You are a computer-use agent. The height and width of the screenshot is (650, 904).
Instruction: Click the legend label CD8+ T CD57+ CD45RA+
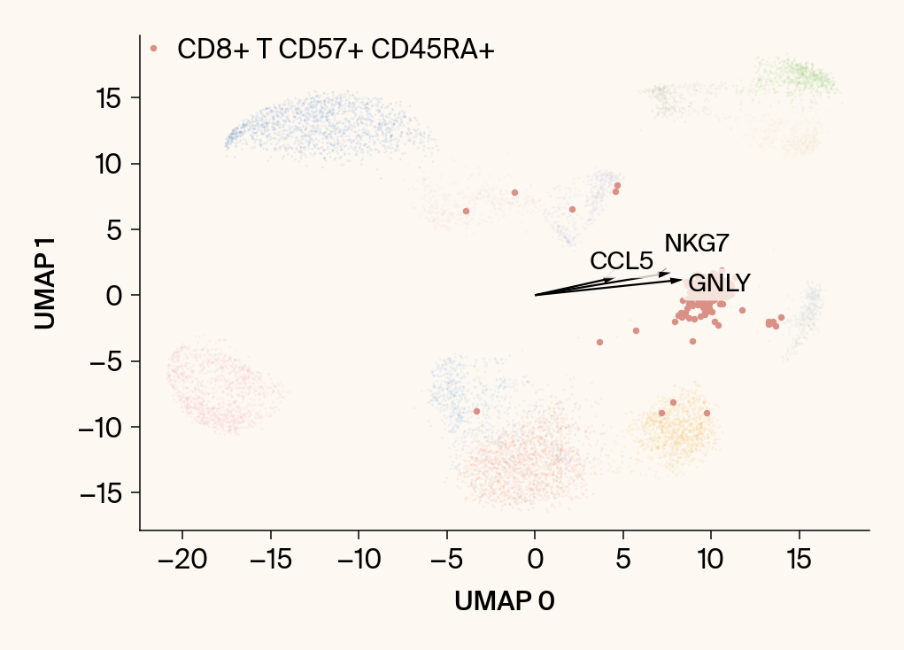click(336, 50)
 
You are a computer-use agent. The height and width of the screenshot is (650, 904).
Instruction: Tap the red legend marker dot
click(154, 49)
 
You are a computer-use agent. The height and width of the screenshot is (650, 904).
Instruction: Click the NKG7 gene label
click(697, 244)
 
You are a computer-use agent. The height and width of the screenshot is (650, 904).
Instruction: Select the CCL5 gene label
click(622, 261)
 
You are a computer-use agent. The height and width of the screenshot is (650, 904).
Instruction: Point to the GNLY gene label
click(719, 283)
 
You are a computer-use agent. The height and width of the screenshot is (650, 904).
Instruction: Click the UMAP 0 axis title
click(505, 601)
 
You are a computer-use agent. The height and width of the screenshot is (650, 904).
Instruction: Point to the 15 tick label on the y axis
click(109, 97)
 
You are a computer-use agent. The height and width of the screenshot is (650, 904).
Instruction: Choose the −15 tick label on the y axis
click(102, 493)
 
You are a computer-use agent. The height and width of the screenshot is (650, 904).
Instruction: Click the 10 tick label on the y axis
click(109, 164)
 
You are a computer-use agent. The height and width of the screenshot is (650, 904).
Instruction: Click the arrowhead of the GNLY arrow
click(679, 280)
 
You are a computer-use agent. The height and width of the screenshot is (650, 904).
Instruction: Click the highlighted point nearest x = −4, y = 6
click(466, 211)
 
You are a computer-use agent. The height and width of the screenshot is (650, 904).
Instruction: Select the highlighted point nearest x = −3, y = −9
click(476, 411)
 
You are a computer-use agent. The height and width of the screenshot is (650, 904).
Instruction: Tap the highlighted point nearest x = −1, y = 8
click(514, 192)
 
